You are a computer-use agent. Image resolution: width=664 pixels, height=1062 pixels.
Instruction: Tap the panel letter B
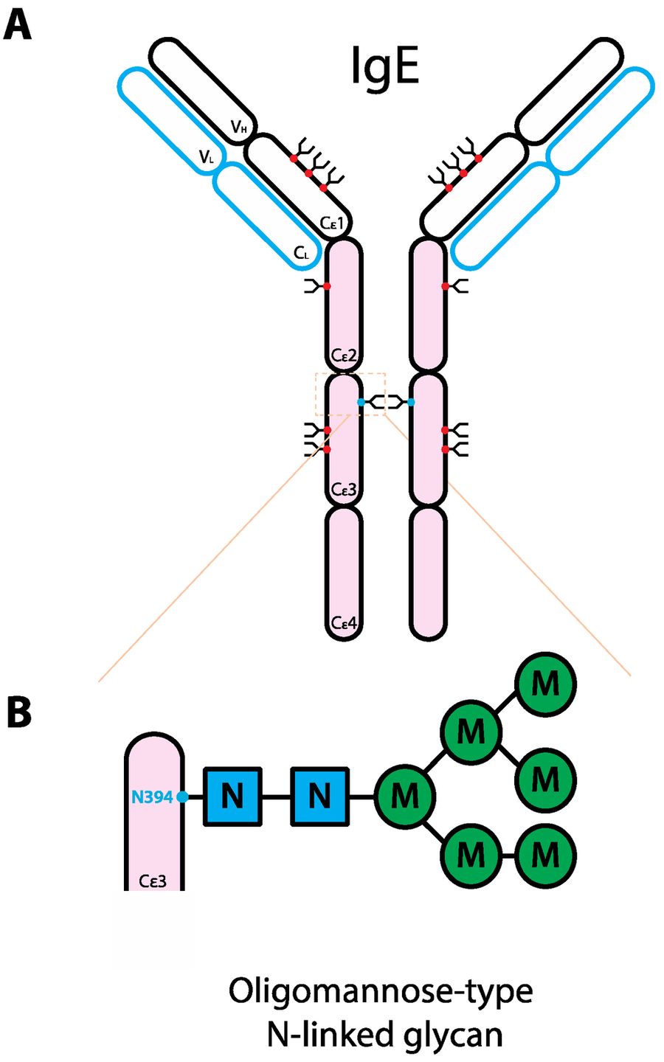pos(18,712)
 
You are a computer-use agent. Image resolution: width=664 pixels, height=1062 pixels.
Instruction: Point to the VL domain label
pos(207,156)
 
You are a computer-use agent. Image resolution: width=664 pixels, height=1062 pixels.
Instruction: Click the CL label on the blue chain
pos(302,253)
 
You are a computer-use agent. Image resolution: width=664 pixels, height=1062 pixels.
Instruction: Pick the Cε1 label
pos(332,222)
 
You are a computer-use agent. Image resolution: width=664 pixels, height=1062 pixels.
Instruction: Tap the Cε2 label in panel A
pos(344,356)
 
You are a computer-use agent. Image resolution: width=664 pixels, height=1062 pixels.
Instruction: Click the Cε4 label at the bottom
pos(344,623)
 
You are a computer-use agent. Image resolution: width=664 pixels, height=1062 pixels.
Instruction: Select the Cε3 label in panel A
pos(344,490)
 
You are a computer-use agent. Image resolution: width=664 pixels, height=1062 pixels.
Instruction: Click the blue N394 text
pos(151,796)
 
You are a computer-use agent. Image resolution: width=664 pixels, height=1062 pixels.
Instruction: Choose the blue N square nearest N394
pos(232,796)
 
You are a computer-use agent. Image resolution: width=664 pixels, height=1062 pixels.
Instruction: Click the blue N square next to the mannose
pos(319,796)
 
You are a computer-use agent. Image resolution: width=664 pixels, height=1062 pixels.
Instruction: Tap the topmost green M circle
pos(545,684)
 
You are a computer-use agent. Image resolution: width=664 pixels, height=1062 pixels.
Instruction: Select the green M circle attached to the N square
pos(404,796)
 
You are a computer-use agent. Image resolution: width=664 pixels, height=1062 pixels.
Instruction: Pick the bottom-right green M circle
pos(545,856)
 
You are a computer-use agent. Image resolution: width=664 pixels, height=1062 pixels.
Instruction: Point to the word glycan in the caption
pos(457,1034)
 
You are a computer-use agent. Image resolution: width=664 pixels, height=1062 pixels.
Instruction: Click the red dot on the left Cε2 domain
pos(327,286)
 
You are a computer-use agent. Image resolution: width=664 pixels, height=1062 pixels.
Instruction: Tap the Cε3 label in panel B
pos(153,881)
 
